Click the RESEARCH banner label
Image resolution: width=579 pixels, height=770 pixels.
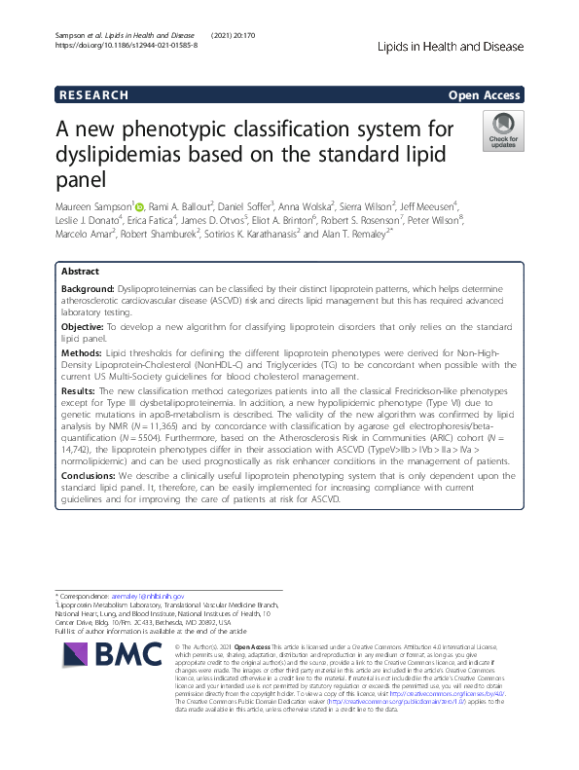tap(93, 95)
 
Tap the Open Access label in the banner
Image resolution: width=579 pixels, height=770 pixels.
tap(486, 95)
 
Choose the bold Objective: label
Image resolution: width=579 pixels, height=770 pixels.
tap(82, 325)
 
